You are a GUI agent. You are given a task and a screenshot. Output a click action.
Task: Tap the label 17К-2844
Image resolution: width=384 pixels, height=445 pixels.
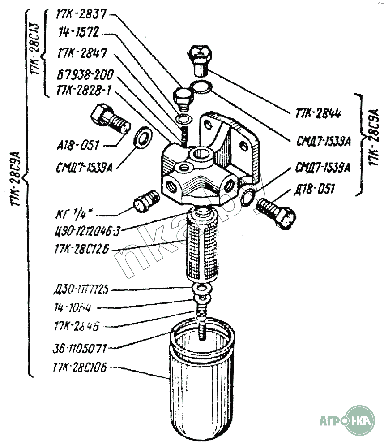tap(317, 113)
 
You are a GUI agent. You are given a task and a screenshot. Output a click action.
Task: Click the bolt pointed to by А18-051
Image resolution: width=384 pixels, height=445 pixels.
tap(109, 120)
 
